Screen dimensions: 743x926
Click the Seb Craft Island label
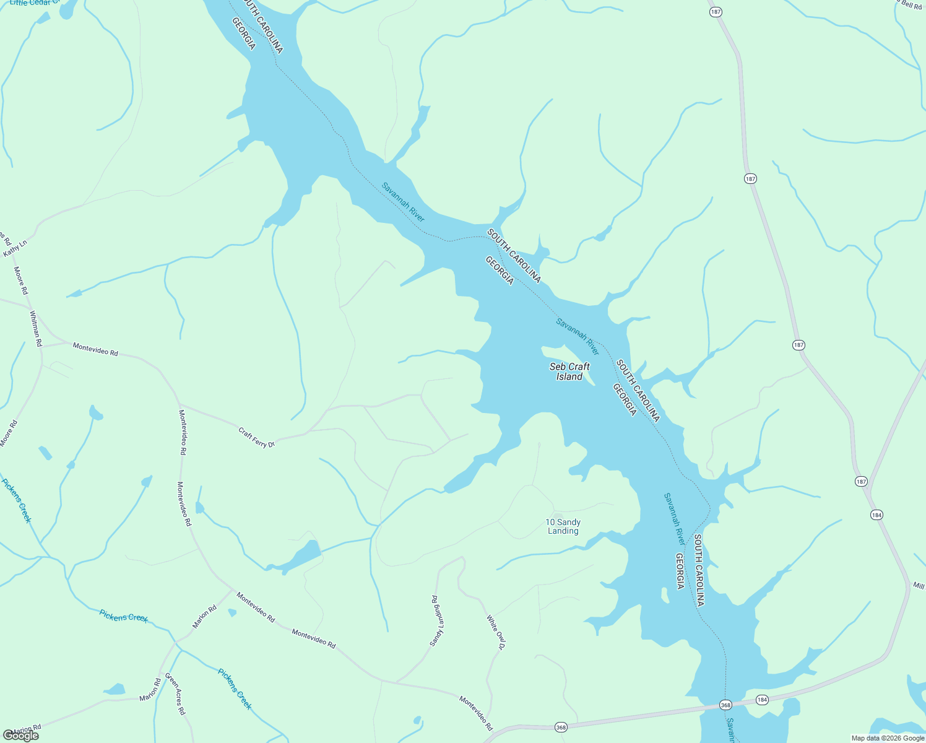569,371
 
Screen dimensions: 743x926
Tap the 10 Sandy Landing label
563,526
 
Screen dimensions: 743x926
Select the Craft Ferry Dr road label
256,437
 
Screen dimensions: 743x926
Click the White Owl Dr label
496,632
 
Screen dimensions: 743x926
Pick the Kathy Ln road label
15,248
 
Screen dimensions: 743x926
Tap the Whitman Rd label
36,328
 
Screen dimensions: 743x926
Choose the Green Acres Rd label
175,695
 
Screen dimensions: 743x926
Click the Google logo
20,736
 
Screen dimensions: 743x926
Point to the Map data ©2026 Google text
888,738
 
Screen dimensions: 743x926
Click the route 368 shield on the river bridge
726,705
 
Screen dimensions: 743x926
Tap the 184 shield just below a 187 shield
876,515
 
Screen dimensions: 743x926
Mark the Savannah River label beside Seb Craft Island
578,337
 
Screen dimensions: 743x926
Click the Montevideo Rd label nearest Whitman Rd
95,349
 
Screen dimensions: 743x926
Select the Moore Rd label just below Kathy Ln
21,280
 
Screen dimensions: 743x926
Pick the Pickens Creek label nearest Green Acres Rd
235,689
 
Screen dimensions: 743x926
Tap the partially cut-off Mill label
919,585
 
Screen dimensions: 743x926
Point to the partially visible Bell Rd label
911,4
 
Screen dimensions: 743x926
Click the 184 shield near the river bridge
762,700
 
